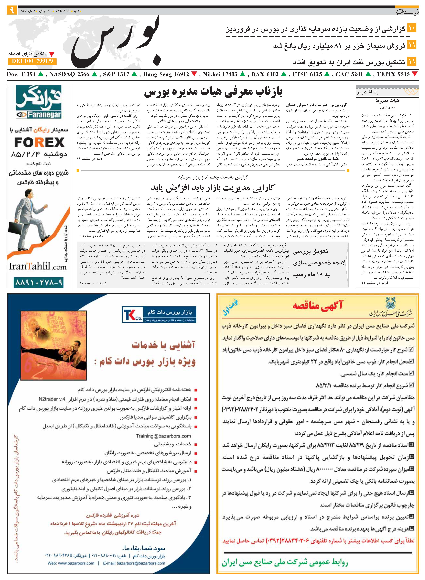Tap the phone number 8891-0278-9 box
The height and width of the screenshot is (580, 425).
39,283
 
